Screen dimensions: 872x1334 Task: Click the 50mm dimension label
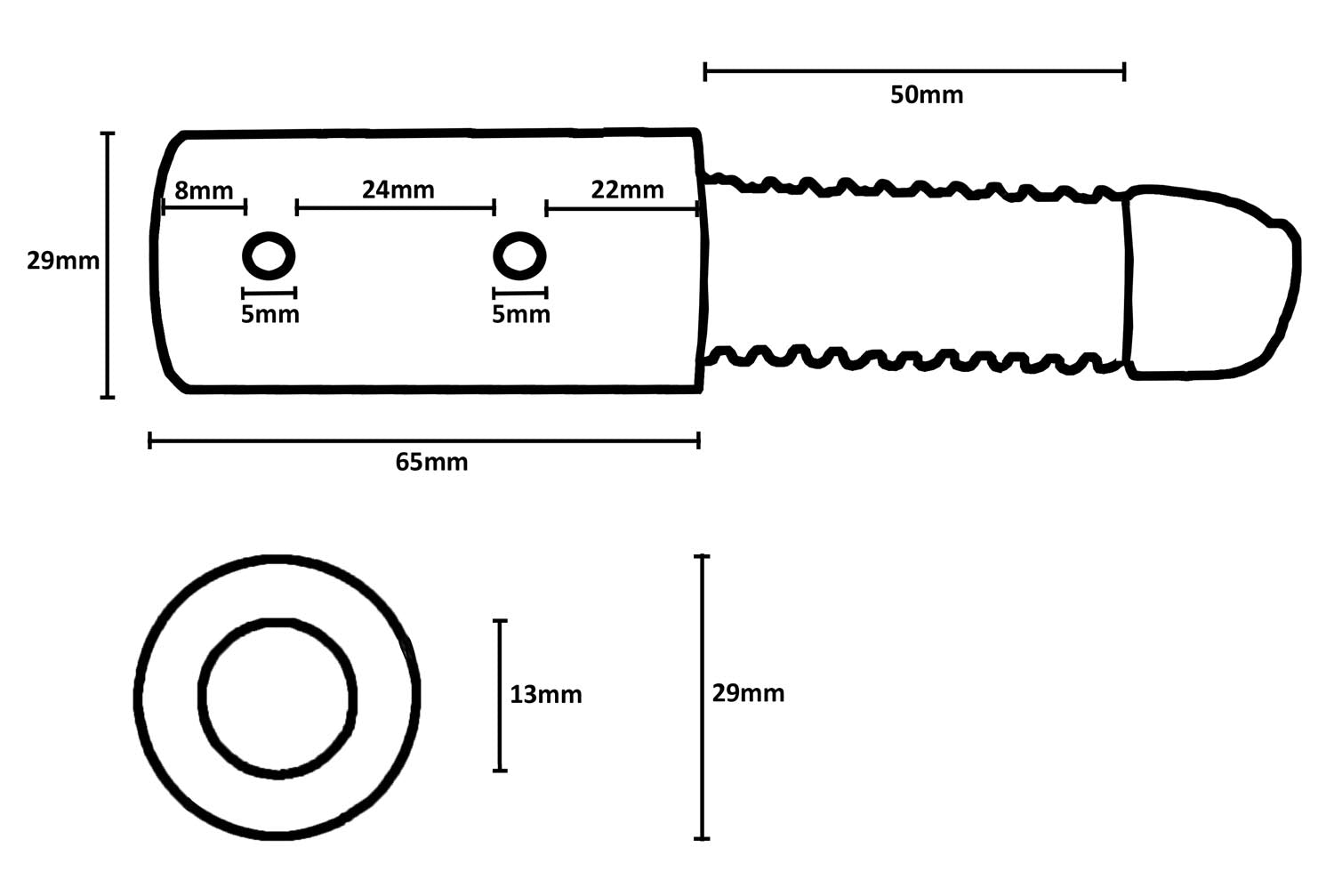click(x=927, y=95)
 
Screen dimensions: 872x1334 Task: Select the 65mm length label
click(x=431, y=462)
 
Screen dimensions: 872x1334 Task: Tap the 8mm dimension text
click(x=204, y=190)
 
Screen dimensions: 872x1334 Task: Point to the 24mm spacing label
click(x=398, y=190)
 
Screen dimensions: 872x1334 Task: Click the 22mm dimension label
click(x=627, y=190)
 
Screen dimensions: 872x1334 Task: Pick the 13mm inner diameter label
click(x=545, y=694)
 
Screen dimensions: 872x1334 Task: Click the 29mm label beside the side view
click(x=62, y=262)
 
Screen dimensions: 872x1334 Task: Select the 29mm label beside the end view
click(x=748, y=693)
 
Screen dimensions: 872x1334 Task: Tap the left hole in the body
click(x=269, y=256)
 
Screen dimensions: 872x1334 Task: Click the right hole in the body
click(x=519, y=256)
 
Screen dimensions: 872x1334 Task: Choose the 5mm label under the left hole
click(x=269, y=314)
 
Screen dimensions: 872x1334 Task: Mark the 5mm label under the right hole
click(x=520, y=314)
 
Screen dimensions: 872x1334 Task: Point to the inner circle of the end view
click(x=277, y=697)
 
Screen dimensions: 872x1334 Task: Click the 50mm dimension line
click(x=914, y=71)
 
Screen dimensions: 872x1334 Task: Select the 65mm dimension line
click(x=424, y=440)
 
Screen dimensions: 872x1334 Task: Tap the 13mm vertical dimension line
click(x=500, y=695)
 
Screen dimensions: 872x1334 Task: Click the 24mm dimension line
click(x=395, y=208)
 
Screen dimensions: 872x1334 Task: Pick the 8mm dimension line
click(x=204, y=208)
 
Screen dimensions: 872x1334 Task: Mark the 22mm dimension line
click(x=622, y=209)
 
